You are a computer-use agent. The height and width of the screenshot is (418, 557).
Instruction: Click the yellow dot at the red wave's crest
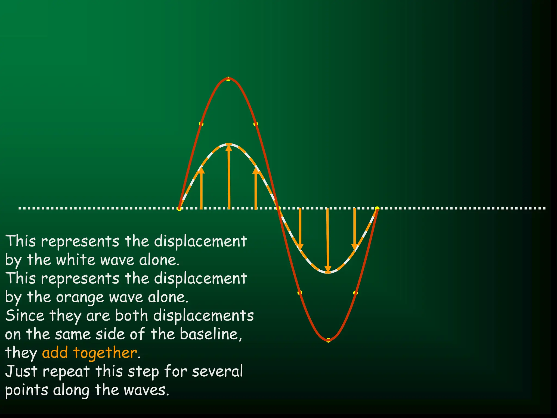tap(228, 79)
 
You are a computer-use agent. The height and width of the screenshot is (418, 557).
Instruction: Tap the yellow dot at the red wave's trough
tap(328, 340)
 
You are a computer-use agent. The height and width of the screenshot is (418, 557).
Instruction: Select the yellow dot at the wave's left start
tap(179, 209)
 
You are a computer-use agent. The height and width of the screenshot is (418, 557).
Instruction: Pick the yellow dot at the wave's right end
tap(377, 209)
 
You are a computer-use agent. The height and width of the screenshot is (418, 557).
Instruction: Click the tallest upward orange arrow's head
tap(229, 147)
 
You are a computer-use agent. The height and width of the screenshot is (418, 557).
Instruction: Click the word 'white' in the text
tap(76, 260)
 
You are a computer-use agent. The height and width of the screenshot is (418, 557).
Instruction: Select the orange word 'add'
tap(55, 353)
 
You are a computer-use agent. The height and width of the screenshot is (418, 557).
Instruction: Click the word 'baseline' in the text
tap(210, 334)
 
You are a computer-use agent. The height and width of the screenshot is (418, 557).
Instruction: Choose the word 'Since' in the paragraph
tap(24, 316)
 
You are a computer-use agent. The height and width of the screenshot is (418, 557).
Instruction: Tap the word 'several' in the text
tap(217, 371)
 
